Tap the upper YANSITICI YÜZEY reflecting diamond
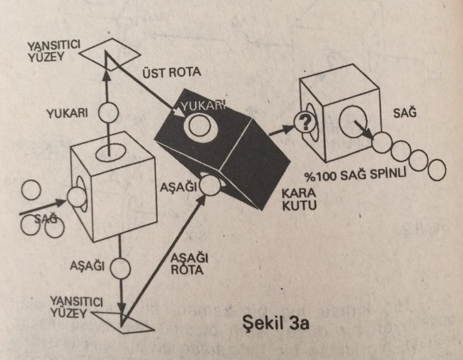point(108,51)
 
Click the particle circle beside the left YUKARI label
point(108,113)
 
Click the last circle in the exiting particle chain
point(436,170)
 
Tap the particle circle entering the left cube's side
point(76,196)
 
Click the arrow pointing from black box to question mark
point(281,128)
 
